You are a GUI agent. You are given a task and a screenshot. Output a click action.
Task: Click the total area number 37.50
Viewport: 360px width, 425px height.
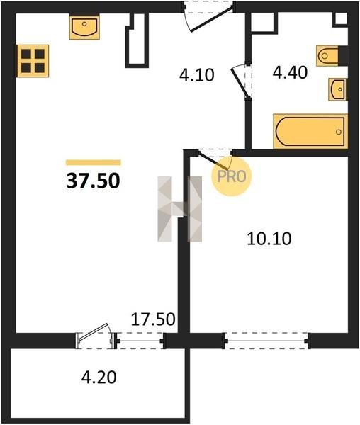point(93,181)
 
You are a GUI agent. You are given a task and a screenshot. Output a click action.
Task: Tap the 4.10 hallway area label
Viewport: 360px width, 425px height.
point(197,75)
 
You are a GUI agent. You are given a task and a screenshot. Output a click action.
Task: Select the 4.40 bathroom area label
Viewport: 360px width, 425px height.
point(290,72)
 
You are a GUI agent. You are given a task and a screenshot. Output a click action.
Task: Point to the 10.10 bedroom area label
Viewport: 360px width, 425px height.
point(269,239)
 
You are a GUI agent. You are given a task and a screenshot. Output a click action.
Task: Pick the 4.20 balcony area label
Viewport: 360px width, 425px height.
point(99,377)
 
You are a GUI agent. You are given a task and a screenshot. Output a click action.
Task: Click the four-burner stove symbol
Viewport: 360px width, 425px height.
point(33,61)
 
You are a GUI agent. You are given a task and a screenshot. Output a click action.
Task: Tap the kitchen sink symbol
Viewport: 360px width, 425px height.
point(84,27)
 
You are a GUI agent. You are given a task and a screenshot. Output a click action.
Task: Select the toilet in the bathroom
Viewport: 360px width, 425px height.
point(327,56)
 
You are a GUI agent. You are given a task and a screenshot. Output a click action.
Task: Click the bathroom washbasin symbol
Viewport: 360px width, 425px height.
point(337,89)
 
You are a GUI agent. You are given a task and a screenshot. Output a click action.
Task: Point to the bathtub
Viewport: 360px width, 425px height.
point(310,132)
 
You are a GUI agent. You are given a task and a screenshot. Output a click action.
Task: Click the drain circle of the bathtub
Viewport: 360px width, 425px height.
point(338,132)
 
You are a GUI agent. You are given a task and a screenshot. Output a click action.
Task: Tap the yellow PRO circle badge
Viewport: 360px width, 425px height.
point(232,176)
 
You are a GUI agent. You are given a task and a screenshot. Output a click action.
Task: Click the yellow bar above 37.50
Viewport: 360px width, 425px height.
point(94,162)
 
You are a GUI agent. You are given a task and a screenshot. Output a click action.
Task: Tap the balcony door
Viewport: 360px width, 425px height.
point(96,336)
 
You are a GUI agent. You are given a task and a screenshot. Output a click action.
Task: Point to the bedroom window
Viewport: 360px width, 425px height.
point(266,341)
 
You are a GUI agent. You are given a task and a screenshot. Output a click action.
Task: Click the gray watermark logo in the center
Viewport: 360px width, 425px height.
point(180,209)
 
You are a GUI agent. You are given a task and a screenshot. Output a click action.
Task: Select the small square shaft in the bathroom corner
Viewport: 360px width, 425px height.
point(341,19)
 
